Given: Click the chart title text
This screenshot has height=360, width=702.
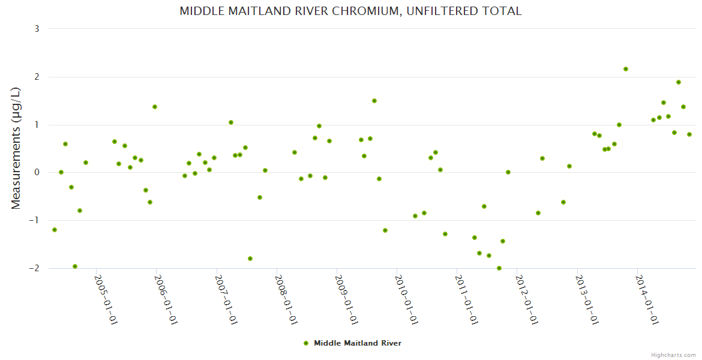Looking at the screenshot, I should tap(350, 11).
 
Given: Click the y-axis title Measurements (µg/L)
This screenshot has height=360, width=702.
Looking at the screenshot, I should tap(16, 148).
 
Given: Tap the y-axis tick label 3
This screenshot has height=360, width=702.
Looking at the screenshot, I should tap(37, 29).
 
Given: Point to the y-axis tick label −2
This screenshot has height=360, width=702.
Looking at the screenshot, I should tap(34, 268).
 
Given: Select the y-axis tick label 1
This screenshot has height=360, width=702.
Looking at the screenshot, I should tap(37, 125).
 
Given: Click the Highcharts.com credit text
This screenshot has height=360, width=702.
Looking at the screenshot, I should tap(673, 355).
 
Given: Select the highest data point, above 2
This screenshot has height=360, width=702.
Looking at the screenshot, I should tap(626, 69).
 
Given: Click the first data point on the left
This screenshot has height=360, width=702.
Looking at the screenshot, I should tap(55, 230).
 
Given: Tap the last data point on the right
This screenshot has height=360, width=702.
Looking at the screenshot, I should tap(689, 134).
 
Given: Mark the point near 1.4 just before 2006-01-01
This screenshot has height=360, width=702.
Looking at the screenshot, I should tap(155, 107).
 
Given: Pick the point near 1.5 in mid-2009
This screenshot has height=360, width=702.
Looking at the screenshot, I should tap(374, 101).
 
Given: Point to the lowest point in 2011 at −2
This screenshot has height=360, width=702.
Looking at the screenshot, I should tap(499, 268).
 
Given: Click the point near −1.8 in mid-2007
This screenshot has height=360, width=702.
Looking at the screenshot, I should tap(250, 259).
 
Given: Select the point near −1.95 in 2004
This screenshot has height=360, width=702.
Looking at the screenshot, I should tap(75, 266).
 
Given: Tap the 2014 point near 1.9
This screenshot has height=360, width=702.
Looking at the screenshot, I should tap(679, 82).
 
